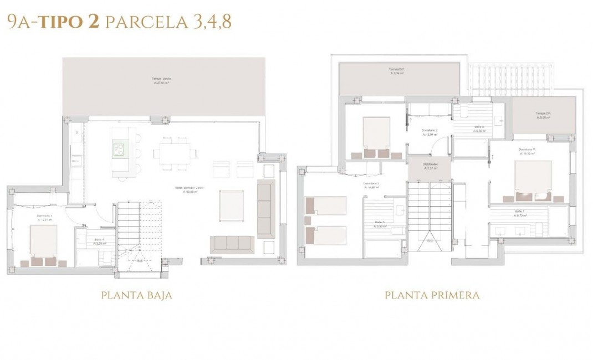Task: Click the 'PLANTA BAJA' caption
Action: pos(136,295)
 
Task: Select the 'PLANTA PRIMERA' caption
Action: pos(432,295)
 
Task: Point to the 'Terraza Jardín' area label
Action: pos(161,79)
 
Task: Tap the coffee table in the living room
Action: pos(232,205)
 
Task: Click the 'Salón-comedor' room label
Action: pos(190,188)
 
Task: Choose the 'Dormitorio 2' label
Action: pos(430,131)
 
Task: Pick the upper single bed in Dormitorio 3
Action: pos(326,205)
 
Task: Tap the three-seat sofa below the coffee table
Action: pos(232,243)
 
